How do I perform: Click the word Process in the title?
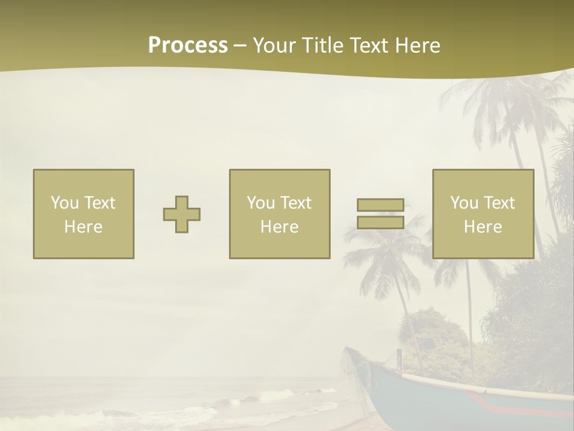(x=188, y=45)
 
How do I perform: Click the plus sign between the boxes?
(x=182, y=214)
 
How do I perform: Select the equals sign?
(x=380, y=214)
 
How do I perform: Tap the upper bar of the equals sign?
(x=380, y=205)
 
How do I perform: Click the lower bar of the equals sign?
(x=380, y=222)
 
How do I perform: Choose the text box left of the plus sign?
(x=84, y=214)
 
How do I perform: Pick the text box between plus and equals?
(x=279, y=214)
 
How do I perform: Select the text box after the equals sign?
(x=483, y=214)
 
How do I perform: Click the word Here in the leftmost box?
(x=84, y=227)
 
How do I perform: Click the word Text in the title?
(x=368, y=45)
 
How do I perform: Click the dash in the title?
(x=240, y=46)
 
